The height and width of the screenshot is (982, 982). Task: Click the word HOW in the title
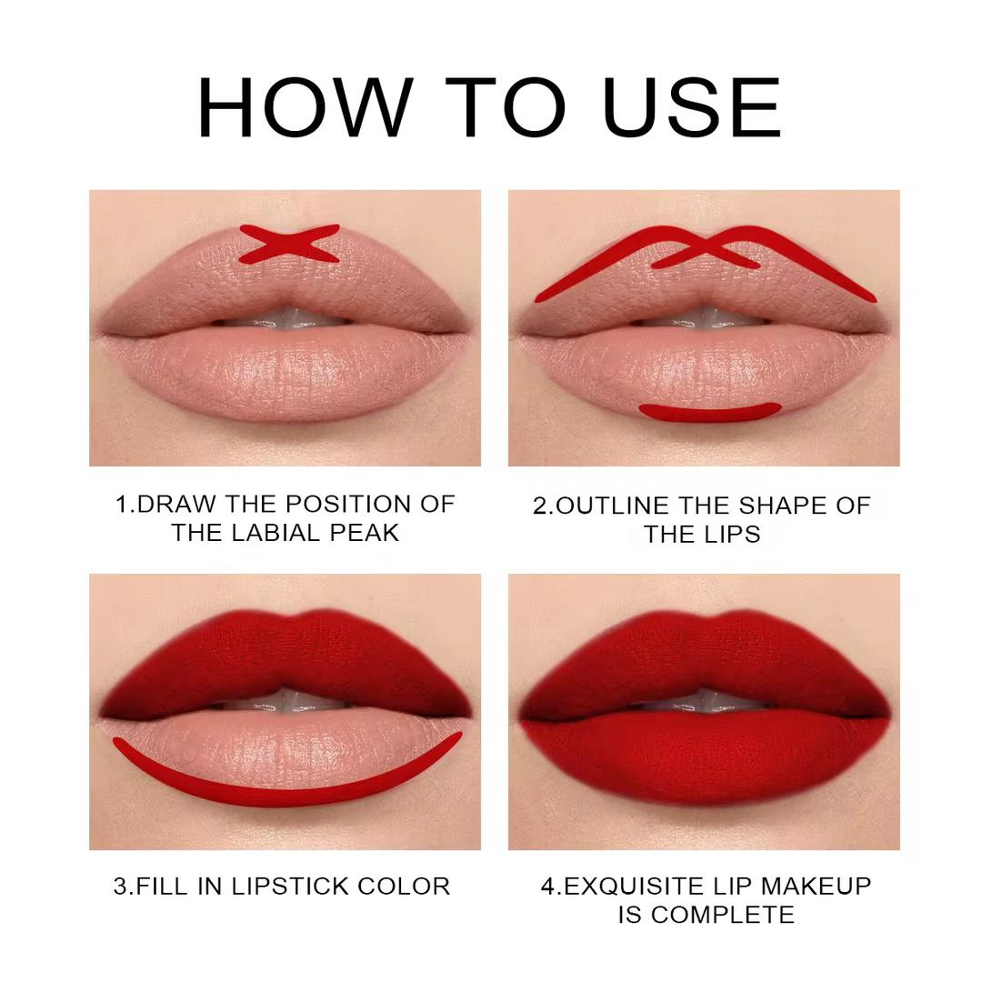coord(305,107)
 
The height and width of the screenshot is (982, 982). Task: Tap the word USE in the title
coord(693,107)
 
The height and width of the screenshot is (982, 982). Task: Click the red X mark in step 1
coord(289,244)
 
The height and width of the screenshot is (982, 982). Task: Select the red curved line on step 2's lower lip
coord(709,413)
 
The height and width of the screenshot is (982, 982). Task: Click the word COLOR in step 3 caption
coord(404,887)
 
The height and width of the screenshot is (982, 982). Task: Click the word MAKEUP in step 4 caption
coord(816,887)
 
